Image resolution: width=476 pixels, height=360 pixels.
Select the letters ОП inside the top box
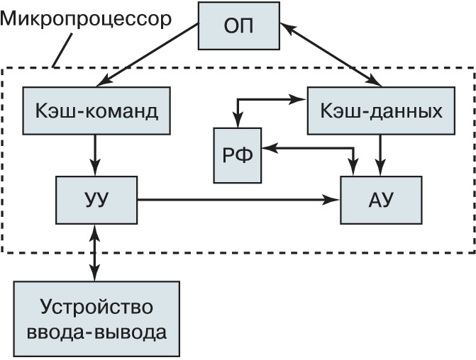pos(238,28)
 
